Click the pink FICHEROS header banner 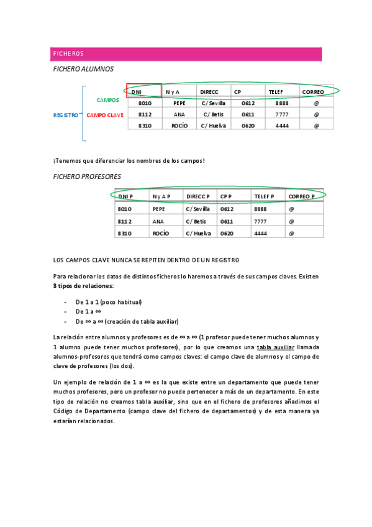[186, 54]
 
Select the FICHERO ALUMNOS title [83, 70]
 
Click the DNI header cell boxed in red [144, 91]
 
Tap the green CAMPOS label [108, 100]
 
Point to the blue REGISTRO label [66, 115]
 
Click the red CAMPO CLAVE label [105, 115]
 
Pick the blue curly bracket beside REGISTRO [83, 115]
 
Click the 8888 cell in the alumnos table [281, 103]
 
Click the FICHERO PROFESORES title [87, 176]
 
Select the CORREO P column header [301, 196]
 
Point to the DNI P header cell [125, 196]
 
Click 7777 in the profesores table [260, 221]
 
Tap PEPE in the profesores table [159, 209]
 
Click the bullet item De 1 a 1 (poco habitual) [109, 302]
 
